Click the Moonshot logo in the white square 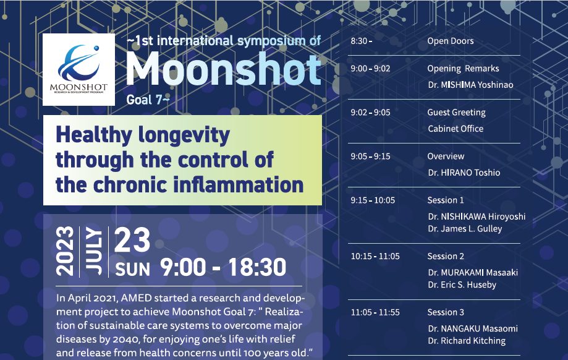78,69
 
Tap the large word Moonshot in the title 224,69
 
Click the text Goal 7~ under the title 148,100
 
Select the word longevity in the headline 184,135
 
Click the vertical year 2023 65,251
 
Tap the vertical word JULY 94,251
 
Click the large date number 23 132,239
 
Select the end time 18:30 257,267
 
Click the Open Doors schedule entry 451,41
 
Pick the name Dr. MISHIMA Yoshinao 470,85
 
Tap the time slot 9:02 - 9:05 370,113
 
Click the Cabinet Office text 456,129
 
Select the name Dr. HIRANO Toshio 464,173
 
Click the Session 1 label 446,200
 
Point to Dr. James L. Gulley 465,229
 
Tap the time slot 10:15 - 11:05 375,256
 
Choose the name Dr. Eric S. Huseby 462,285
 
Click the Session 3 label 446,312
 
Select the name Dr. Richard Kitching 467,341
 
